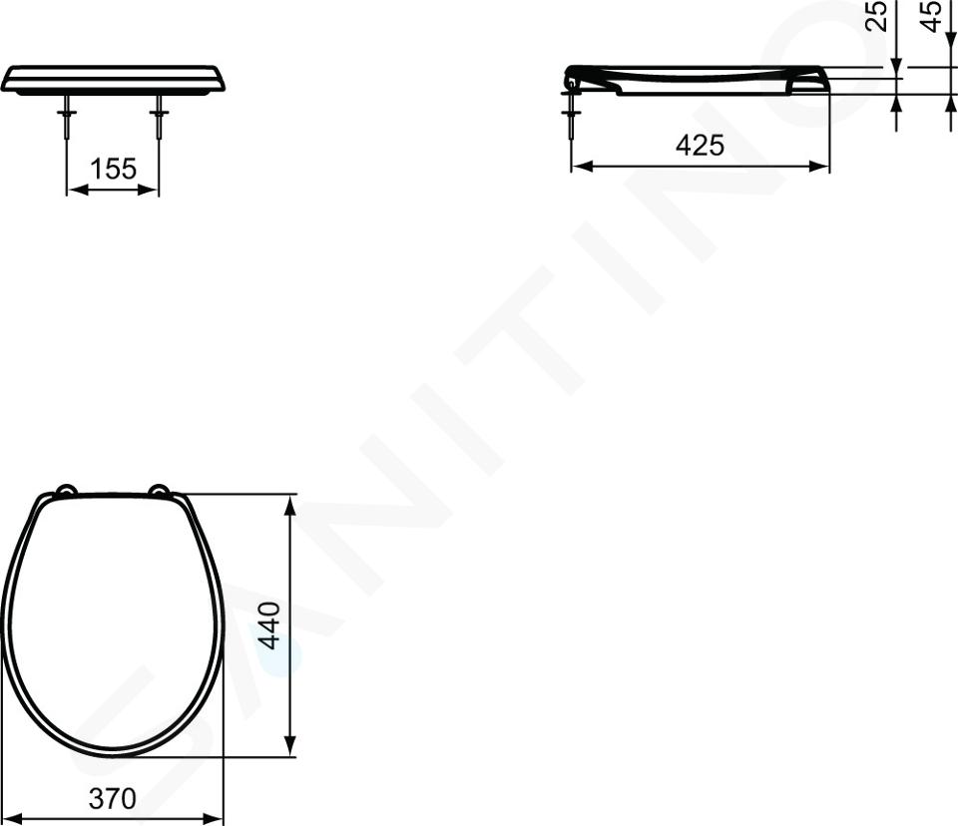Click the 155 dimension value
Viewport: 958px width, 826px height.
click(113, 169)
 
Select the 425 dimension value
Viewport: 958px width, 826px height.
click(700, 145)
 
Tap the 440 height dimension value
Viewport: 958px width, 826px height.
click(269, 625)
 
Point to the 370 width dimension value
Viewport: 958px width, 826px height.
click(113, 798)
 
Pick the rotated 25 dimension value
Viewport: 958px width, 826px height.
click(877, 16)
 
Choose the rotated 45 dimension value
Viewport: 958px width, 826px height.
click(931, 16)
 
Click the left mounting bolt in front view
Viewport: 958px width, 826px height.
click(67, 118)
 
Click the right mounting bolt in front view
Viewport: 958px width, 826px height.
click(159, 118)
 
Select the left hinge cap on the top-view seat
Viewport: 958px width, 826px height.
click(66, 490)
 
